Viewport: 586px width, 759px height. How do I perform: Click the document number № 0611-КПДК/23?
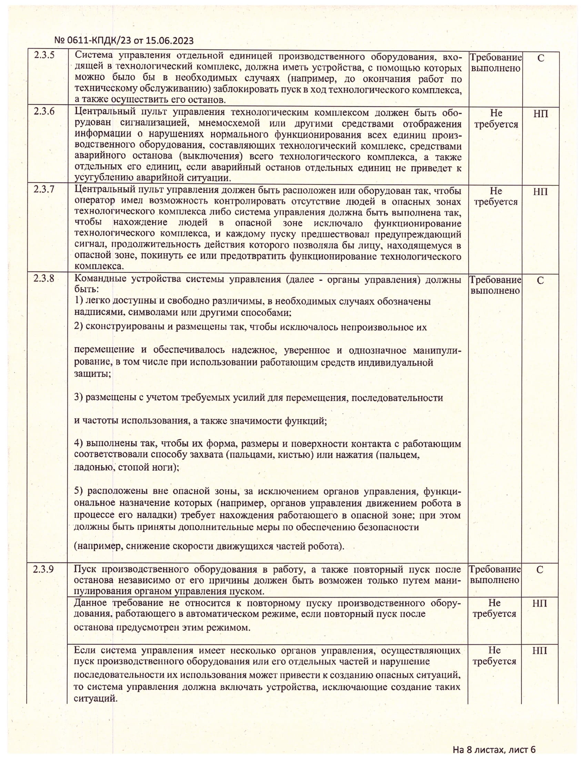(x=92, y=41)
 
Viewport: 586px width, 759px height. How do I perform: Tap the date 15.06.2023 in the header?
(x=169, y=41)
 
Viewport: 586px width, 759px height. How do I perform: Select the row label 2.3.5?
(x=44, y=56)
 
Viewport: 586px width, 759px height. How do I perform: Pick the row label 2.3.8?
(x=44, y=279)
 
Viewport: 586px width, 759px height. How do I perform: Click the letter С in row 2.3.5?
(x=540, y=58)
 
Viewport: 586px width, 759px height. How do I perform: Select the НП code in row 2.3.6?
(x=540, y=113)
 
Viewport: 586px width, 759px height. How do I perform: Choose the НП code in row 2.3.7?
(x=540, y=191)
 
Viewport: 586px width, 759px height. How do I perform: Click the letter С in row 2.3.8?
(x=540, y=280)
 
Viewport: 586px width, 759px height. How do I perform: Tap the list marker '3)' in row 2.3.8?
(x=79, y=397)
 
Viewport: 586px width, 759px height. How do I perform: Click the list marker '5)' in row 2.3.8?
(x=79, y=491)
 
